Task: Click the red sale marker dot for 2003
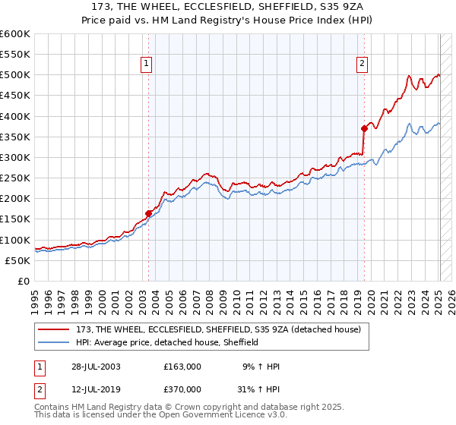click(148, 214)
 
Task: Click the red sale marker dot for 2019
click(364, 128)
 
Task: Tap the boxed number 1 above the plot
click(146, 64)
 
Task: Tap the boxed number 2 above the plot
click(363, 64)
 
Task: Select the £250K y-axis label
click(15, 178)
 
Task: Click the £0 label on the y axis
click(24, 282)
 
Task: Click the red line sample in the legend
click(55, 329)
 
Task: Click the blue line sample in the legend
click(55, 342)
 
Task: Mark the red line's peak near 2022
click(409, 75)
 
